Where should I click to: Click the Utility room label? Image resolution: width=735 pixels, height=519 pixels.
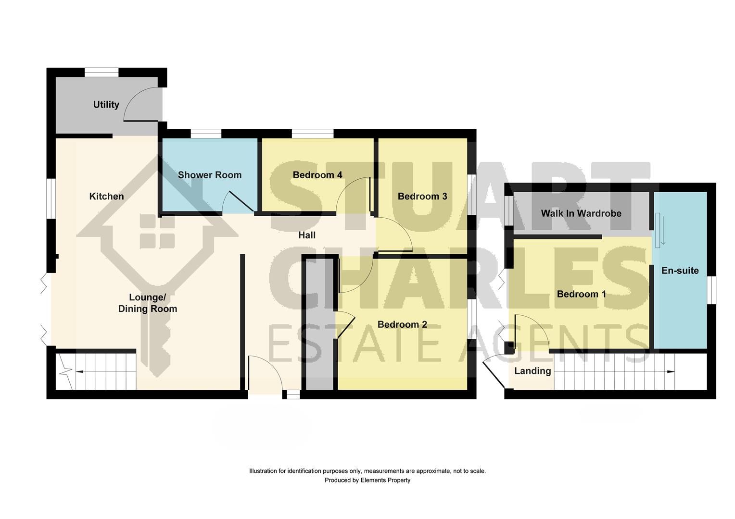(106, 104)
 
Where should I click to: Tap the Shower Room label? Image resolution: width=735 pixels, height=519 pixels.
(210, 175)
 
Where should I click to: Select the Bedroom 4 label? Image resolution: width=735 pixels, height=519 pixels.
(317, 175)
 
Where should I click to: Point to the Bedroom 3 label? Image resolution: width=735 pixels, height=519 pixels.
(422, 196)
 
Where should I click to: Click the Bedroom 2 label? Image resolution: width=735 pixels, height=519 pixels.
(402, 324)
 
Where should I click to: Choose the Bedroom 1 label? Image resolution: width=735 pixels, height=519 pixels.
(581, 294)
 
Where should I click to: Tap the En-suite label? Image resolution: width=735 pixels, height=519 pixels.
(680, 271)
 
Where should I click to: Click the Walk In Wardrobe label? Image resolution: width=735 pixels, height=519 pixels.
(581, 213)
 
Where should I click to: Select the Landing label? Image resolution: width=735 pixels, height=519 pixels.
(532, 371)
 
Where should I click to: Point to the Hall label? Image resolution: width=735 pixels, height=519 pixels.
(307, 235)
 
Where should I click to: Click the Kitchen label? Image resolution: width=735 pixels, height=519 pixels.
(106, 196)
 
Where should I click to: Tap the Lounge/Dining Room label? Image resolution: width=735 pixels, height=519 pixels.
(148, 303)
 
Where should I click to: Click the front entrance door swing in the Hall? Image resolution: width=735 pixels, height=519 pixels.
(265, 372)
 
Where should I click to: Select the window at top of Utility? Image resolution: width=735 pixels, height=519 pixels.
(101, 73)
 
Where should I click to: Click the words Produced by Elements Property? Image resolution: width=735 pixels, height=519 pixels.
(367, 480)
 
